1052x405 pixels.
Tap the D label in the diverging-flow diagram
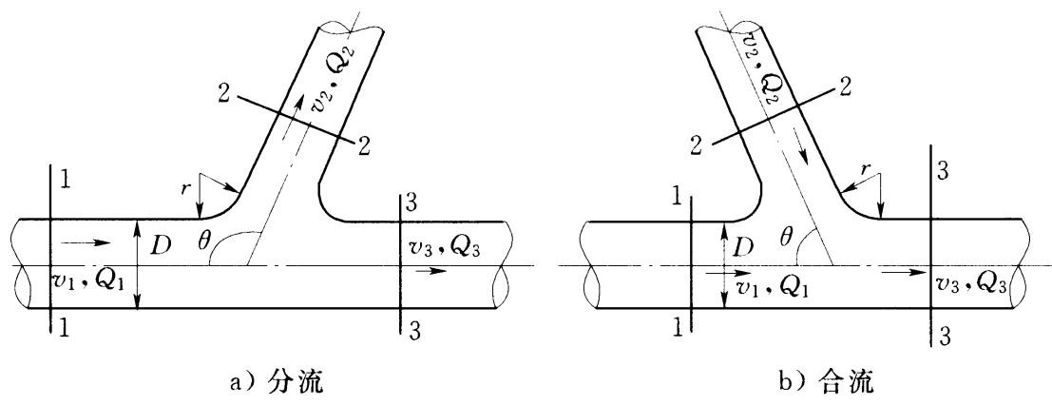[x=161, y=246]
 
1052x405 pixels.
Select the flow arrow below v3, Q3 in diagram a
[x=430, y=271]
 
